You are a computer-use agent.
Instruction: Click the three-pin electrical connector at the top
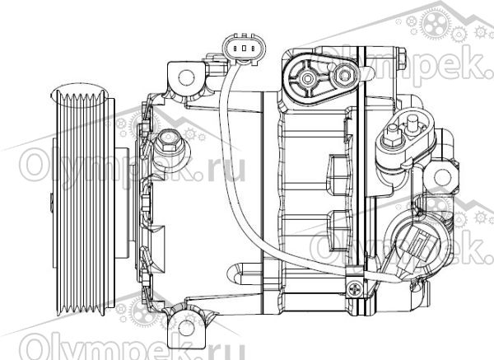pos(244,49)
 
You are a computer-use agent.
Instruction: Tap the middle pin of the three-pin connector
pos(245,49)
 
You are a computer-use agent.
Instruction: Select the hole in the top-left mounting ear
pos(186,77)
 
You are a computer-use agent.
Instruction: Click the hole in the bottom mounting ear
pos(186,327)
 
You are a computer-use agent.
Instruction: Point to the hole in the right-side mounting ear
pos(442,177)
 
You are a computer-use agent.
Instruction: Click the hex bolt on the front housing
pos(168,141)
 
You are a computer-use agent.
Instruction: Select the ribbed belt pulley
pos(83,202)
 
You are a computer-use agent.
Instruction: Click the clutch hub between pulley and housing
pos(122,203)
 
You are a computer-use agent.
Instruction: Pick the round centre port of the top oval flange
pos(306,77)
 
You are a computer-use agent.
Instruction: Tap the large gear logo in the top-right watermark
pos(436,23)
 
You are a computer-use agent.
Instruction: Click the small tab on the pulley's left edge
pos(51,202)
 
